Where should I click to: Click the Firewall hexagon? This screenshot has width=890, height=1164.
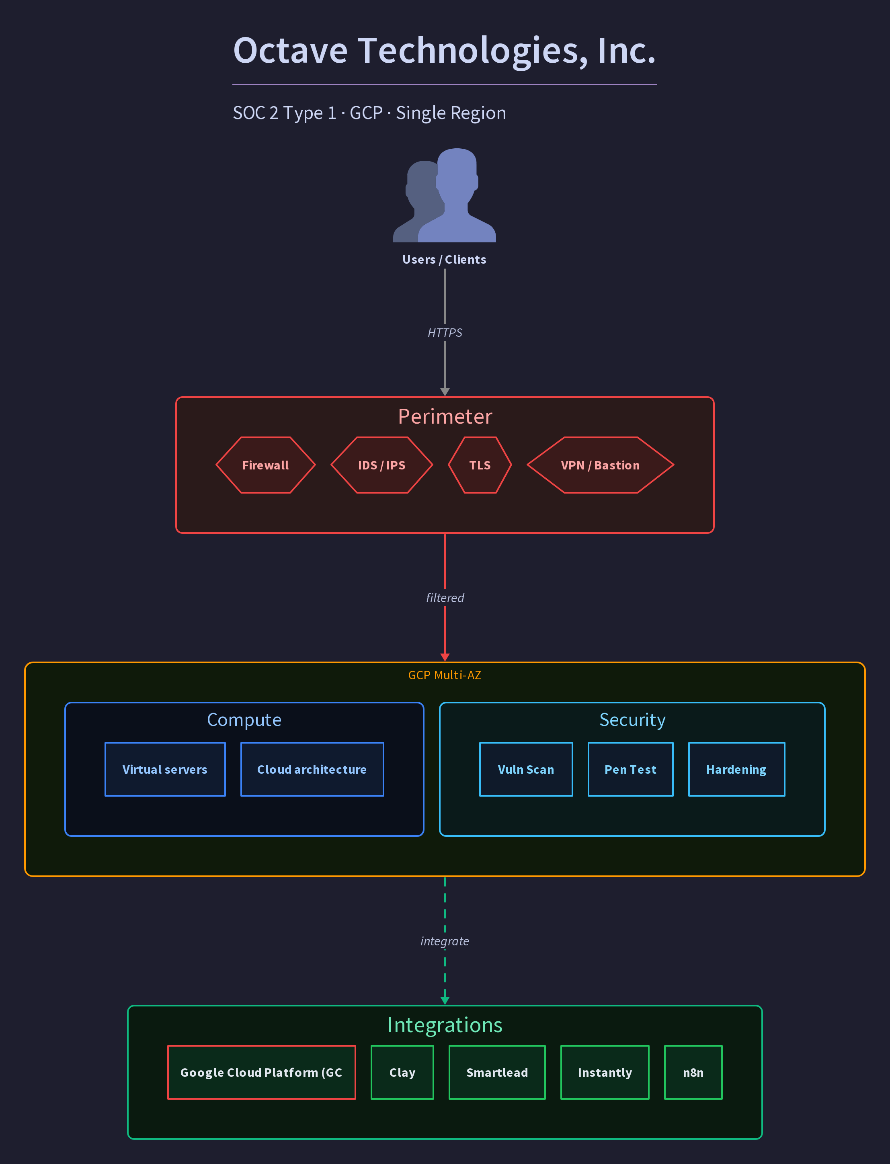(x=265, y=465)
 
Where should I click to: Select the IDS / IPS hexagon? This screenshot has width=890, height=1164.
(x=381, y=465)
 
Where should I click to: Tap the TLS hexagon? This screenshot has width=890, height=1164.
(x=480, y=465)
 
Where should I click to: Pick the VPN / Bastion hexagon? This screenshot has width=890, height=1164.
(x=600, y=465)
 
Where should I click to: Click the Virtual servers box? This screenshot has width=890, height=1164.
(x=165, y=769)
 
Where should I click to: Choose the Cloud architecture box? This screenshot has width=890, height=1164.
(x=312, y=769)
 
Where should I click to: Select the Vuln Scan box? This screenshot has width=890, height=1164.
(x=526, y=769)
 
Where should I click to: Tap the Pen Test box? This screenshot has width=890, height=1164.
(x=630, y=769)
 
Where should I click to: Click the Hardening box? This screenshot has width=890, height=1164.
(x=736, y=769)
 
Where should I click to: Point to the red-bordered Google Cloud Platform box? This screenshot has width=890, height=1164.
(x=262, y=1072)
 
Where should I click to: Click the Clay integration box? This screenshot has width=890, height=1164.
(x=402, y=1072)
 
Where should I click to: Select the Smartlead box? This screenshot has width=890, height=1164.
(x=497, y=1072)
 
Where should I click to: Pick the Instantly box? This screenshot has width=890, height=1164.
(x=605, y=1072)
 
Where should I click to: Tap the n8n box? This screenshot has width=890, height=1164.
(x=693, y=1072)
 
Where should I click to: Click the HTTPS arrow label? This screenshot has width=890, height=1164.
(x=445, y=332)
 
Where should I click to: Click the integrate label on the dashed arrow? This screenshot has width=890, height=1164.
(x=445, y=941)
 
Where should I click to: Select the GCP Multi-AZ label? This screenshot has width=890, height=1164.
(x=445, y=675)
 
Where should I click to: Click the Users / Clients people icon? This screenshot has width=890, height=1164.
(x=445, y=195)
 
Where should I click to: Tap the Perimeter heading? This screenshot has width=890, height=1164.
(x=445, y=417)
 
